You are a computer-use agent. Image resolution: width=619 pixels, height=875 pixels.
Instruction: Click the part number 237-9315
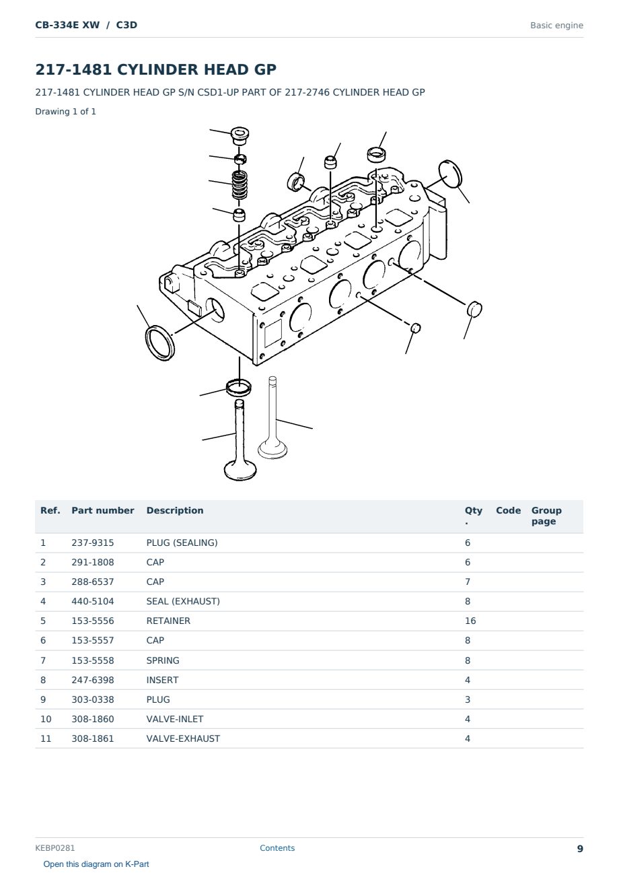[93, 542]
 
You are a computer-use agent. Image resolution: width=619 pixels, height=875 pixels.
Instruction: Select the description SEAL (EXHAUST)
[183, 601]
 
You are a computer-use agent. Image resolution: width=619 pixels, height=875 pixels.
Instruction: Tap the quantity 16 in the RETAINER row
[470, 621]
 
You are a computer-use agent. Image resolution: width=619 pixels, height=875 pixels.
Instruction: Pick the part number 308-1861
[93, 738]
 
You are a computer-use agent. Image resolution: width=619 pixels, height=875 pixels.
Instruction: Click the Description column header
[174, 510]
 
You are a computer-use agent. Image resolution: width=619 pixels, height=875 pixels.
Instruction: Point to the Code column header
[508, 510]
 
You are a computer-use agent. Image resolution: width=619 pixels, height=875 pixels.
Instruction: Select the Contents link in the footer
[277, 848]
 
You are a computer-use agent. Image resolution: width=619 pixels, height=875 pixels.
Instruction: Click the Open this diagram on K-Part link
[96, 864]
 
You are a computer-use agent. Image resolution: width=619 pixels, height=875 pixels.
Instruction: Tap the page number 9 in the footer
[580, 849]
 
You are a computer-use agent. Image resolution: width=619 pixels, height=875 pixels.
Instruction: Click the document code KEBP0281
[54, 848]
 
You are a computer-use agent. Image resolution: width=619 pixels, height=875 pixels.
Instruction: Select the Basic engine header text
[556, 26]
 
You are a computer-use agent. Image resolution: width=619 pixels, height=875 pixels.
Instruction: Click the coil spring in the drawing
[240, 185]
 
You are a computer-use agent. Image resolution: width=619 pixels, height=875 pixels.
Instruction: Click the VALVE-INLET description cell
[174, 719]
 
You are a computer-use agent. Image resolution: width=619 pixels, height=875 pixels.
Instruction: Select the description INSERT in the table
[162, 680]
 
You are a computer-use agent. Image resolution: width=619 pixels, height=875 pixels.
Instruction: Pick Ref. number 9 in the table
[43, 699]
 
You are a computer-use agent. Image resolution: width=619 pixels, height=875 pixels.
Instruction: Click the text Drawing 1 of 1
[66, 112]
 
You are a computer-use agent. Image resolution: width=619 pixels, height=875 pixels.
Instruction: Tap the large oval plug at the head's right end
[450, 174]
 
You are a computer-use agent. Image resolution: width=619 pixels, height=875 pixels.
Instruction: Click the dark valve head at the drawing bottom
[240, 470]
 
